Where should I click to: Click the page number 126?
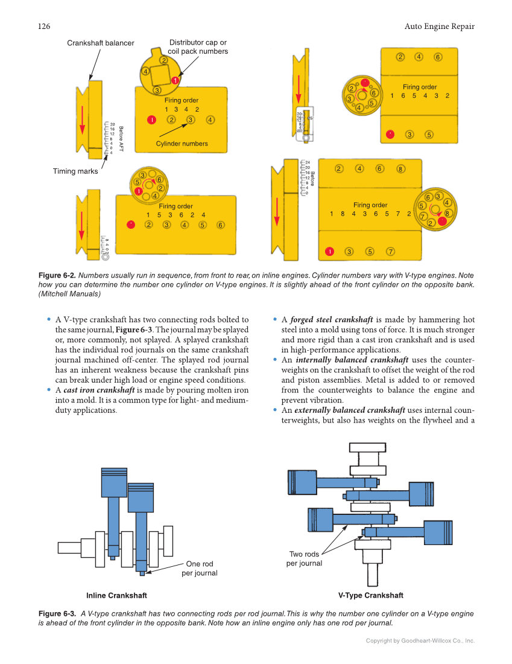[43, 26]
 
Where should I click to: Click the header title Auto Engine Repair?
[439, 26]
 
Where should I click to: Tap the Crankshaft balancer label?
[100, 43]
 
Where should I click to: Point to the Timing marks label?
[75, 171]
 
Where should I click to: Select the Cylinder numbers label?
[182, 144]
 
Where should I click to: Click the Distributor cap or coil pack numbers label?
[198, 47]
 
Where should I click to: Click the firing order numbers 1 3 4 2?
[182, 109]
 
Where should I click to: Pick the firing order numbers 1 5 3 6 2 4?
[176, 215]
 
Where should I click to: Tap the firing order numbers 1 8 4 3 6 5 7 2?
[370, 214]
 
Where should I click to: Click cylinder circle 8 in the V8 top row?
[400, 169]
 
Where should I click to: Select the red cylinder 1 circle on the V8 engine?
[329, 251]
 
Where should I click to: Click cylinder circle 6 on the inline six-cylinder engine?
[221, 225]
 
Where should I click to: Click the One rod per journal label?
[200, 569]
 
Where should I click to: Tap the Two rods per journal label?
[304, 559]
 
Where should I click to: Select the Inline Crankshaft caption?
[116, 596]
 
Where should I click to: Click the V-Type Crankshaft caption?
[370, 595]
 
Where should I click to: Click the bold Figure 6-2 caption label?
[57, 276]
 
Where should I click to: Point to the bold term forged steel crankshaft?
[332, 320]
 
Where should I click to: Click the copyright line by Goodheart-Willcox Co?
[420, 641]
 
